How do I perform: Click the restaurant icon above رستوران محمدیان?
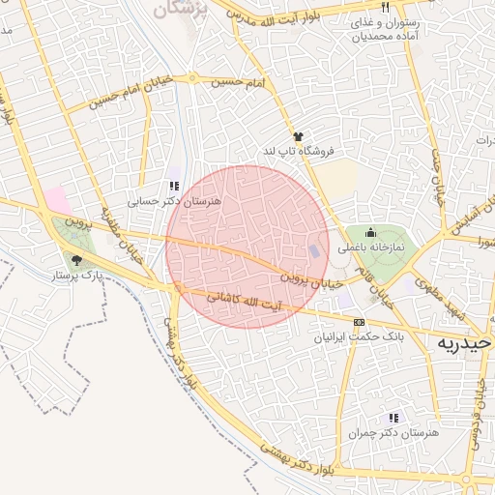click(385, 8)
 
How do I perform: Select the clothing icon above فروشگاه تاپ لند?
click(298, 137)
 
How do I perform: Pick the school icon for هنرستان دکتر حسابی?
click(174, 186)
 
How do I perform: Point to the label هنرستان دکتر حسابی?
click(174, 201)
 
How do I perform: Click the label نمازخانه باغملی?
click(371, 247)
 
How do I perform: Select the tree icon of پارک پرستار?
click(76, 259)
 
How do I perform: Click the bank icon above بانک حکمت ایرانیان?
click(360, 322)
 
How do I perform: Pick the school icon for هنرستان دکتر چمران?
click(393, 418)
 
